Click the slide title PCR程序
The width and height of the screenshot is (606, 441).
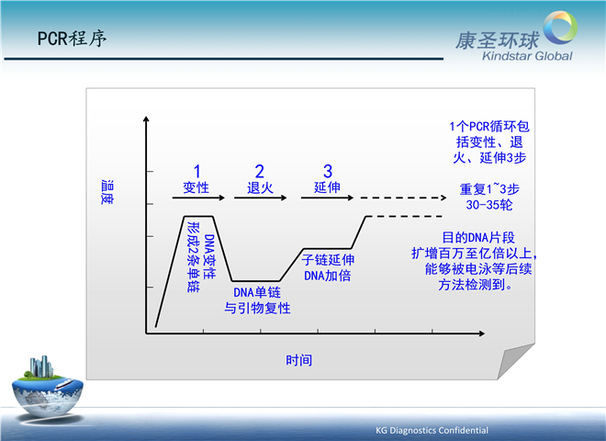[x=72, y=39]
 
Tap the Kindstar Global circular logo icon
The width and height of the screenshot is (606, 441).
[x=560, y=27]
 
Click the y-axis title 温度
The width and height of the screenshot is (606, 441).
[x=107, y=192]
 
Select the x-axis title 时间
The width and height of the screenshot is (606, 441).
[x=298, y=360]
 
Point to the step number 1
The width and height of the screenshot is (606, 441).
[x=197, y=172]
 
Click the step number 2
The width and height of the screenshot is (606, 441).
[x=259, y=172]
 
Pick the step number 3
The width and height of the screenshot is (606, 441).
[x=328, y=172]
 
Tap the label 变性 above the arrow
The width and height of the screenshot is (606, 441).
[x=196, y=187]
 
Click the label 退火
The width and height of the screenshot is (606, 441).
[x=260, y=188]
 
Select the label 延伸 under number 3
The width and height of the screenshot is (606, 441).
[x=327, y=187]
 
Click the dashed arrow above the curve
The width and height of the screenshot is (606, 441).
[x=403, y=198]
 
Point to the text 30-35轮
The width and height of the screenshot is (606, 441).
[x=488, y=205]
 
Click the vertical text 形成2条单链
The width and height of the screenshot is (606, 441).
[x=193, y=257]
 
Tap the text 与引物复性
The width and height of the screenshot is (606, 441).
[x=257, y=309]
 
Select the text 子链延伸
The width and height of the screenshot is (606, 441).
[x=328, y=260]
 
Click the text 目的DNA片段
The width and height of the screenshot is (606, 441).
[x=478, y=238]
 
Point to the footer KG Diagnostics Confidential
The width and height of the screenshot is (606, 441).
[x=432, y=430]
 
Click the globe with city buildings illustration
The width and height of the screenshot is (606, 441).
[x=48, y=387]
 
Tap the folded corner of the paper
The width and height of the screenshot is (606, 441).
[x=515, y=361]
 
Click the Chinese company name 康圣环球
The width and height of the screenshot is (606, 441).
[x=498, y=40]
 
